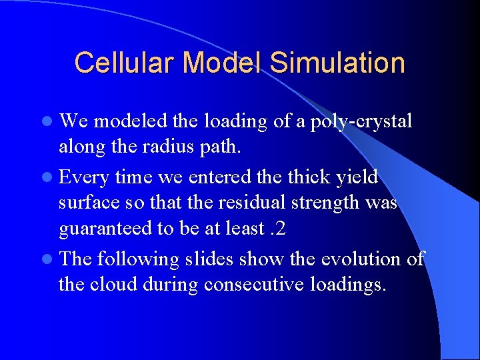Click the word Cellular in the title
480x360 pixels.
pos(125,63)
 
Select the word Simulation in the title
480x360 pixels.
pos(338,63)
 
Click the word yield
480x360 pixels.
pos(356,177)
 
